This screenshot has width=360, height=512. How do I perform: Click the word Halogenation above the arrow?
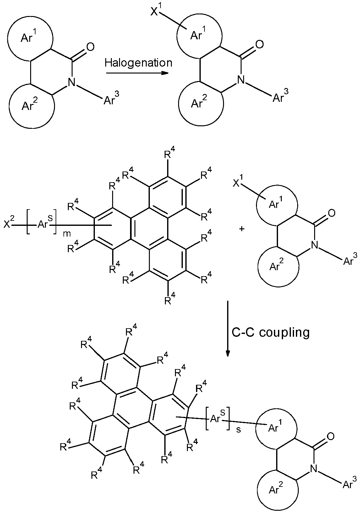click(x=138, y=63)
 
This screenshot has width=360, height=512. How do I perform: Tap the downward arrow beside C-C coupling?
click(x=227, y=329)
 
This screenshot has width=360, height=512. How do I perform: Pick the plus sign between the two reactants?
click(x=242, y=229)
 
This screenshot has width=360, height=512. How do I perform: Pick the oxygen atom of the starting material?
click(x=90, y=47)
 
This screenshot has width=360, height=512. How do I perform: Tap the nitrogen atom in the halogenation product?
click(x=241, y=80)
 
